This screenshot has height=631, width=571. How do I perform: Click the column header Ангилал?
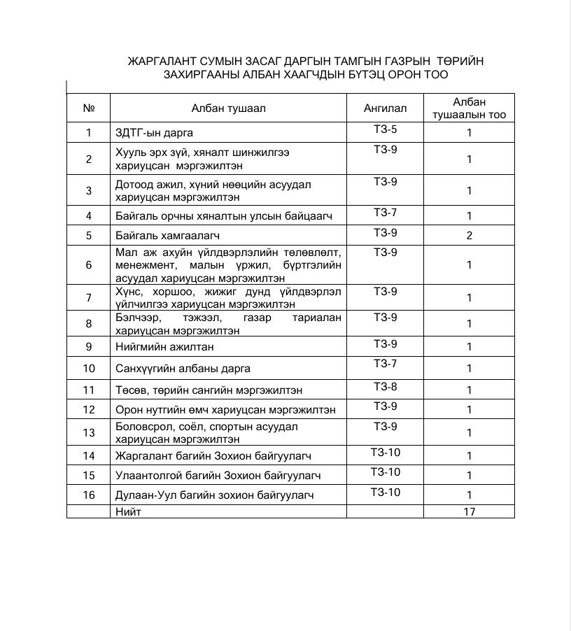[x=385, y=108]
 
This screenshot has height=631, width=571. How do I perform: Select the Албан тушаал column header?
[x=229, y=108]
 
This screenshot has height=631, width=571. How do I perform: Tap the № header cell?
[x=89, y=108]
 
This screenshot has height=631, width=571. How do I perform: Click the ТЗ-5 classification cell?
[x=386, y=129]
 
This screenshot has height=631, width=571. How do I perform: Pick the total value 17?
[x=470, y=511]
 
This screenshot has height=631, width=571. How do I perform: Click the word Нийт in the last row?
[x=129, y=511]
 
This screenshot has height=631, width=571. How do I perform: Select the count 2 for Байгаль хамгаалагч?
[x=470, y=236]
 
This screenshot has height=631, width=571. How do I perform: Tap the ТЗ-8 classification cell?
[x=386, y=387]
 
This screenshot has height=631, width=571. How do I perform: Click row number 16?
[x=89, y=495]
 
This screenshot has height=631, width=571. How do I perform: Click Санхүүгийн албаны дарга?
[x=183, y=368]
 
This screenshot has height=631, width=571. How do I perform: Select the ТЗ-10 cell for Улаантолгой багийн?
[x=386, y=472]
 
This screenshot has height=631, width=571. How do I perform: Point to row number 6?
[x=89, y=265]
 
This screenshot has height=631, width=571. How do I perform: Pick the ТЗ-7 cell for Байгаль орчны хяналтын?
[x=386, y=212]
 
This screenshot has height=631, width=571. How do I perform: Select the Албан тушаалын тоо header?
[x=470, y=108]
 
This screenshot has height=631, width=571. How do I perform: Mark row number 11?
[x=89, y=390]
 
